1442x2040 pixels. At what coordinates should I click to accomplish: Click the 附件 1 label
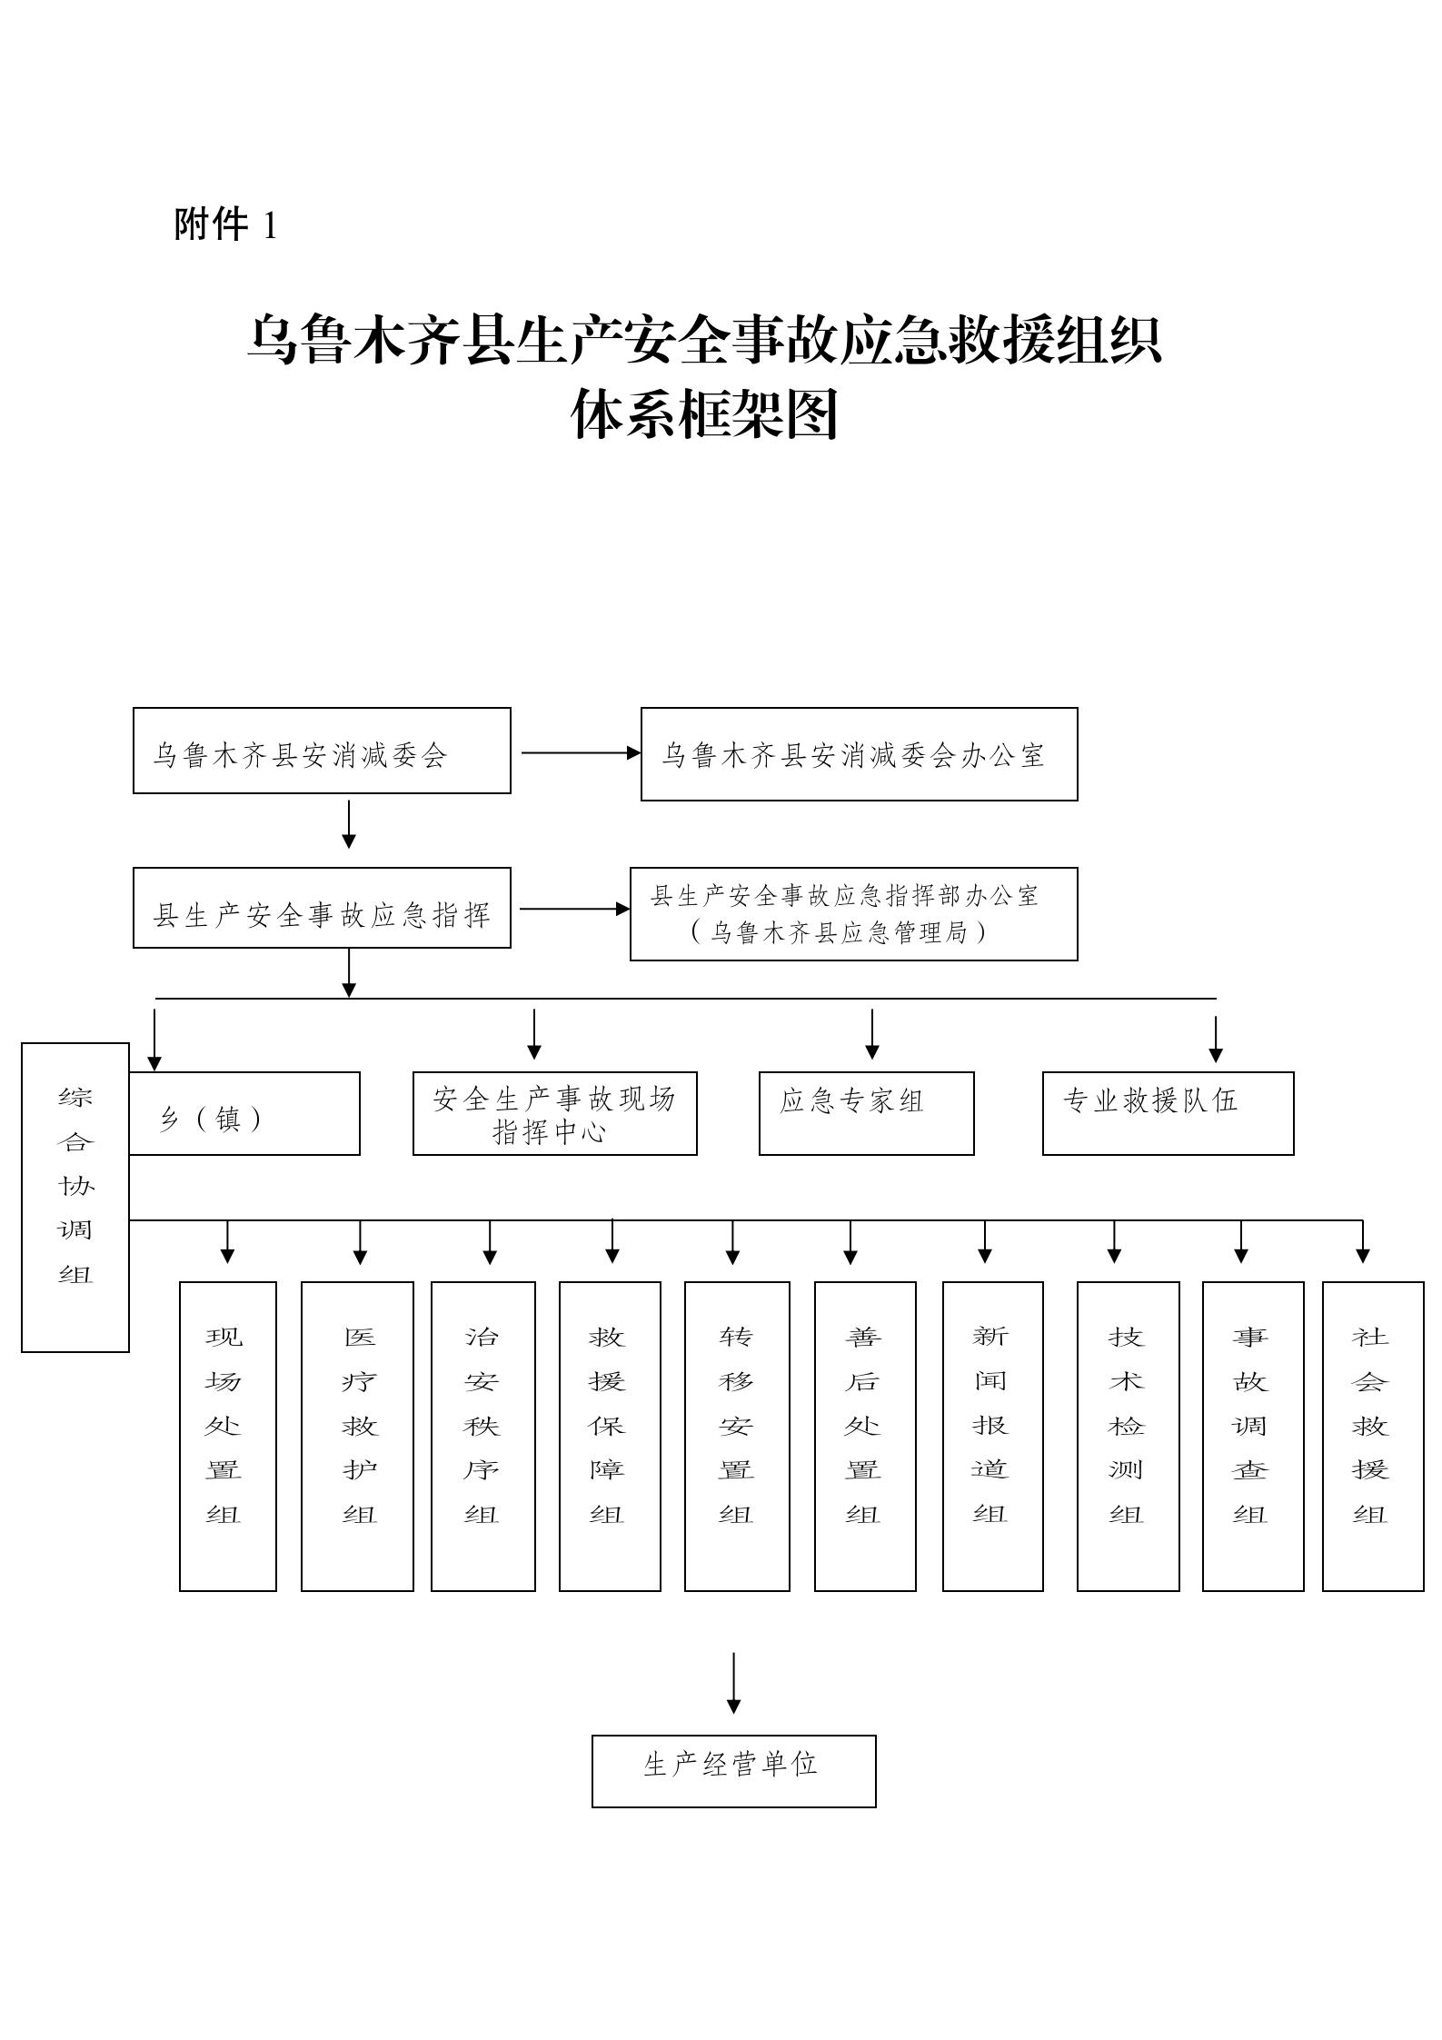[225, 224]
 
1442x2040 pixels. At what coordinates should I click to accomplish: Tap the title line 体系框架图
[704, 415]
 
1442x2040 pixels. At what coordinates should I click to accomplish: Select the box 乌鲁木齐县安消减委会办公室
[859, 754]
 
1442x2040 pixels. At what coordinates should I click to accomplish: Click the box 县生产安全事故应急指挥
[322, 908]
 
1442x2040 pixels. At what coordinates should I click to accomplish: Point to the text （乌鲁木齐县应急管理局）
[839, 932]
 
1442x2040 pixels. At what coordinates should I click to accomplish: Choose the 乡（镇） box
[244, 1113]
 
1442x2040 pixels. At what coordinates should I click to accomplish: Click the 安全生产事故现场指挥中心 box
[554, 1113]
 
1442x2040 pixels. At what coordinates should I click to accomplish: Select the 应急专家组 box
[866, 1113]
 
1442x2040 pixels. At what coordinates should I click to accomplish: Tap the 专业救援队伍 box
[1168, 1113]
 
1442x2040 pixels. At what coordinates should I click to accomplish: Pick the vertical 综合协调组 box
[75, 1197]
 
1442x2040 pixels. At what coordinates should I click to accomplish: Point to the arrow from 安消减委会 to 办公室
[581, 752]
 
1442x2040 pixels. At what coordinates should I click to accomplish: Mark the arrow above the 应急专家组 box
[872, 1033]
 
